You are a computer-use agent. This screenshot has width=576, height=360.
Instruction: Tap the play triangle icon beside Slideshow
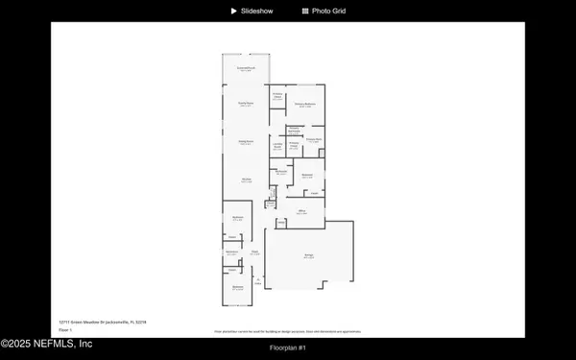pyautogui.click(x=233, y=11)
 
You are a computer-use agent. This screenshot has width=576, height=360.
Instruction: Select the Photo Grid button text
pyautogui.click(x=328, y=11)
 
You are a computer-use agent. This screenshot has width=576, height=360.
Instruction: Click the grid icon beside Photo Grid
pyautogui.click(x=305, y=11)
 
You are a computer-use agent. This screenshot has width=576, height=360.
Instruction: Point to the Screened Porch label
pyautogui.click(x=247, y=69)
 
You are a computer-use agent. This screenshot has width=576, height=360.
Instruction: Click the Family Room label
pyautogui.click(x=246, y=103)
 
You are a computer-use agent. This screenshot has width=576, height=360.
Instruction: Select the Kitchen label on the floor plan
pyautogui.click(x=246, y=180)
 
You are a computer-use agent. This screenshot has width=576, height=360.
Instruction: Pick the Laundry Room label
pyautogui.click(x=277, y=147)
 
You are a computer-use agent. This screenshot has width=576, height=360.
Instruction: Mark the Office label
pyautogui.click(x=300, y=210)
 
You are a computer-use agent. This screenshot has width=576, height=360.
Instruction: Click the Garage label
pyautogui.click(x=309, y=255)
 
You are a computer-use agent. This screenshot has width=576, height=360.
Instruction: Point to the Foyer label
pyautogui.click(x=255, y=252)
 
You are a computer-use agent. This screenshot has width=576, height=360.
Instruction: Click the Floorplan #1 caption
pyautogui.click(x=288, y=347)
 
